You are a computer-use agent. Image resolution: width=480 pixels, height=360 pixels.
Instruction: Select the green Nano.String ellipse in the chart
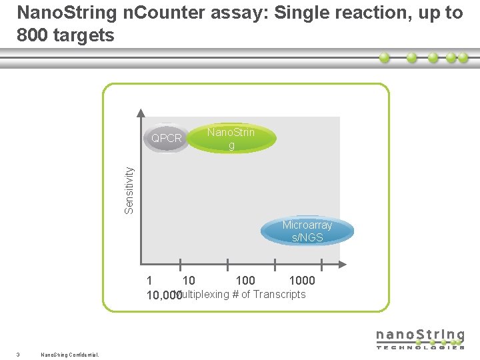click(x=231, y=138)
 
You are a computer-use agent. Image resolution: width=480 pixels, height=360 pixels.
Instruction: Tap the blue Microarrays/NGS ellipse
click(x=307, y=231)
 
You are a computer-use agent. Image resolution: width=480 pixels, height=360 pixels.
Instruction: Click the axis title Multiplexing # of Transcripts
click(x=243, y=294)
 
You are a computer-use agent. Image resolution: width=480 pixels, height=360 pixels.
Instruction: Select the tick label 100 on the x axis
click(x=245, y=281)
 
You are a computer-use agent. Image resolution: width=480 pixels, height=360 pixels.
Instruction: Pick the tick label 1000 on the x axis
click(x=301, y=281)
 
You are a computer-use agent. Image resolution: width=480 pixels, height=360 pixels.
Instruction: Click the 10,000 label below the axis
click(x=163, y=295)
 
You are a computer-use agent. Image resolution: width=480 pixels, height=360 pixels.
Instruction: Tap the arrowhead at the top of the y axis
click(x=141, y=113)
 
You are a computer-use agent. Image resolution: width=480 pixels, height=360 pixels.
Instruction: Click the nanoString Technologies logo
click(x=420, y=338)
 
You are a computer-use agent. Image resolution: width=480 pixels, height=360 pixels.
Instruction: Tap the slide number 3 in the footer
click(x=17, y=354)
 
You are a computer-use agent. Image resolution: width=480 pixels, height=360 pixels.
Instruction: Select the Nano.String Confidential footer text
click(x=69, y=354)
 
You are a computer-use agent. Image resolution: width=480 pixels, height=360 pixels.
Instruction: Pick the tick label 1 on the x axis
click(x=149, y=281)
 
